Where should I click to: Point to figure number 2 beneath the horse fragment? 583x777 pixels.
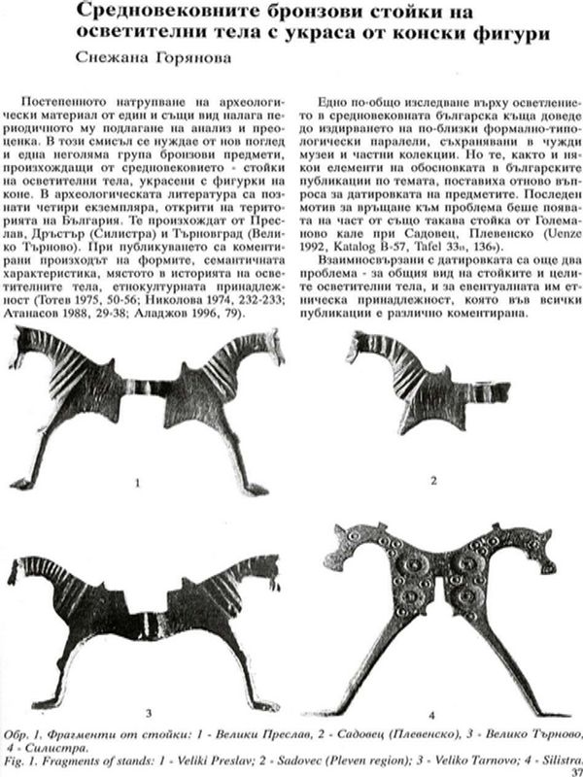[x=435, y=480]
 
